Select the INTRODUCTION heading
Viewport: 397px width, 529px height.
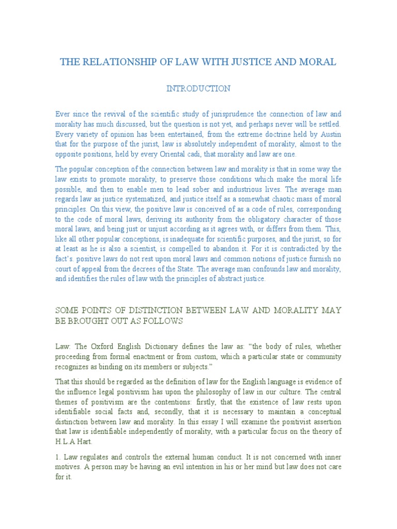(198, 89)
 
